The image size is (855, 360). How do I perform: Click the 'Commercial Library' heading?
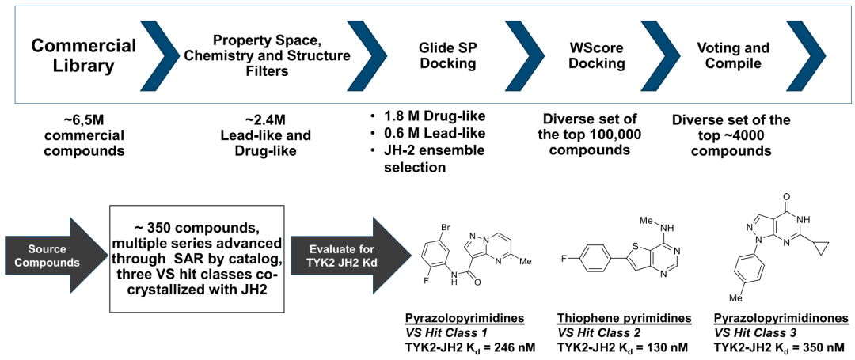click(84, 55)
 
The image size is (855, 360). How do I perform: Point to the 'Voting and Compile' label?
click(733, 55)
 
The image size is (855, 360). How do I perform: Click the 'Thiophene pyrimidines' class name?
click(624, 319)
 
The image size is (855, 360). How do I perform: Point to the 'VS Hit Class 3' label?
click(760, 333)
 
